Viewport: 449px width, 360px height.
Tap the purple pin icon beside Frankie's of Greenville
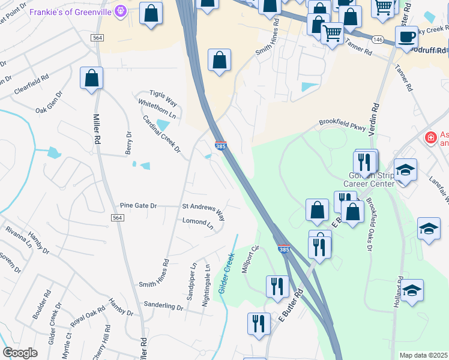click(x=121, y=10)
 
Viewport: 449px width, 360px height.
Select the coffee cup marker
click(x=406, y=37)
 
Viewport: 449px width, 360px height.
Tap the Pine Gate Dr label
click(x=138, y=206)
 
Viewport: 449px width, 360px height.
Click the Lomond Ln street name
click(x=197, y=224)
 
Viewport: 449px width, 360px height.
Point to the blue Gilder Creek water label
click(x=226, y=273)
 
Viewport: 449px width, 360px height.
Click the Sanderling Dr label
click(x=163, y=307)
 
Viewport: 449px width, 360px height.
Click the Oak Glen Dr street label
click(x=49, y=102)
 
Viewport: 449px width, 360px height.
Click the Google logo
click(x=20, y=353)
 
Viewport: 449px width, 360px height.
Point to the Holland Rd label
click(x=397, y=293)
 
